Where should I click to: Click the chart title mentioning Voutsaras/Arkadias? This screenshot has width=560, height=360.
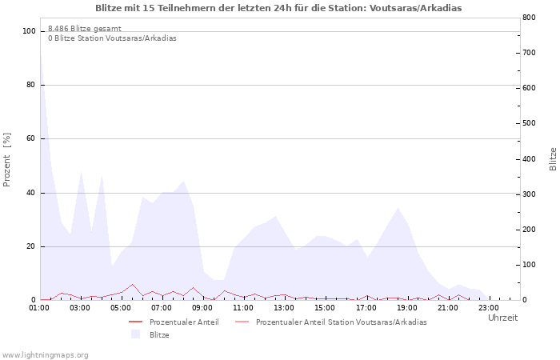click(278, 8)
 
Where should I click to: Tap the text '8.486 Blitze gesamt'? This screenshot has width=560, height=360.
click(85, 29)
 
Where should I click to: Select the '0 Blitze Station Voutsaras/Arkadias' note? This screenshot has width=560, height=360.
click(112, 38)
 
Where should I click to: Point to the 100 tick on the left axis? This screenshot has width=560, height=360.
click(29, 31)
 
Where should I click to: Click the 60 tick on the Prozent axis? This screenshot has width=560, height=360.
click(31, 138)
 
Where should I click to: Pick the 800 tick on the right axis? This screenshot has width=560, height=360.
click(529, 17)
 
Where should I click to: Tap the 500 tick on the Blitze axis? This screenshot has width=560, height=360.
click(529, 123)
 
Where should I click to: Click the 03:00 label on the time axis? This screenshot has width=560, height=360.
click(80, 308)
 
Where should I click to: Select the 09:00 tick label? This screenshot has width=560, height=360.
click(202, 308)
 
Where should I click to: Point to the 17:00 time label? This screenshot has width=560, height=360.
click(366, 308)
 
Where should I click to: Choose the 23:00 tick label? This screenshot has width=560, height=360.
click(489, 308)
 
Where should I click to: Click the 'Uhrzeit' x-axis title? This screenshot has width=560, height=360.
click(503, 318)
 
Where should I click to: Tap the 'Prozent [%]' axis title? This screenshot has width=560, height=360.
click(6, 160)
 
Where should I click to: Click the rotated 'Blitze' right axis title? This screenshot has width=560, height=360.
click(553, 159)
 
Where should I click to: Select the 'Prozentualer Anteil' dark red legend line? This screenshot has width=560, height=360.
click(136, 322)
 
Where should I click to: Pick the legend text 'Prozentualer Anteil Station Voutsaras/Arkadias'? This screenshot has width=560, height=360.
click(342, 322)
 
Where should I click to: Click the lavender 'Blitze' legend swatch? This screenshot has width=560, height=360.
click(135, 334)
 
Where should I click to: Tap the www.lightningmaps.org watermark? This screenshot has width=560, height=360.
click(45, 355)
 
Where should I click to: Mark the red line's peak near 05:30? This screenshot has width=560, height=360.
click(133, 284)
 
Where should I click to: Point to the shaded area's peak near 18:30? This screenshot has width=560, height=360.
click(398, 208)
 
